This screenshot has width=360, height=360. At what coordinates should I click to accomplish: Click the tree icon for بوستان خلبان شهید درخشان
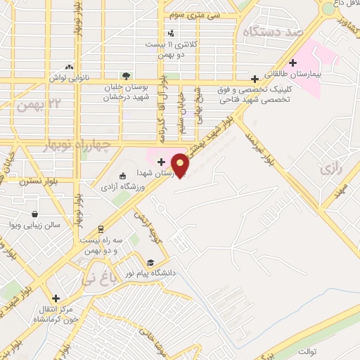tap(126, 75)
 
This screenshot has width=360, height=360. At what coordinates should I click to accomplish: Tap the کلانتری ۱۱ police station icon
tap(171, 32)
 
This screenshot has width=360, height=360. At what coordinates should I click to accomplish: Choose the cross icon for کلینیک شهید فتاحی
tap(255, 79)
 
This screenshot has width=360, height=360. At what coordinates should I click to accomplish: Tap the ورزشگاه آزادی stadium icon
tap(123, 176)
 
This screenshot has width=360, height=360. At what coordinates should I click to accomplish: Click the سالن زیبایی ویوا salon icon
tap(34, 214)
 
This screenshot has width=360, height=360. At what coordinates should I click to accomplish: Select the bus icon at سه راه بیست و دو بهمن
tap(101, 229)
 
